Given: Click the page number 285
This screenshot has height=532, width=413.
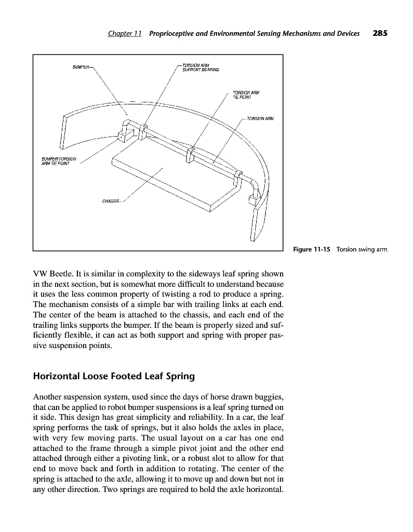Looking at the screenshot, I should (x=380, y=34).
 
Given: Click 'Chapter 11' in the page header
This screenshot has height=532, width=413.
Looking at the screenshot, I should (x=125, y=34).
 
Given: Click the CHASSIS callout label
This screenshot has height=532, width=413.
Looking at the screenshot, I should (x=111, y=201).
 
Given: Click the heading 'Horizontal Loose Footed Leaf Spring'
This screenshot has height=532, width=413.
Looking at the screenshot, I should (x=114, y=375).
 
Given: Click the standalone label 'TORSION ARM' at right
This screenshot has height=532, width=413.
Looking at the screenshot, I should (x=260, y=118).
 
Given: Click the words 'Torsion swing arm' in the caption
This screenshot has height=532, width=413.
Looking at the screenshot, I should (x=362, y=249).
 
